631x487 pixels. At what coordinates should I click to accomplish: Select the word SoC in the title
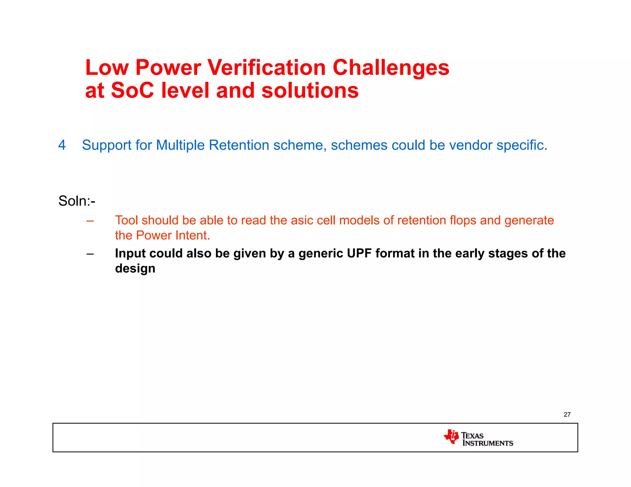132,91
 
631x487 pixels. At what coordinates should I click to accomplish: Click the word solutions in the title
310,91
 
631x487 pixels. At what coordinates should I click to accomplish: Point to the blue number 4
62,145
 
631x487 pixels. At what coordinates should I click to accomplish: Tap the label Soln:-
77,201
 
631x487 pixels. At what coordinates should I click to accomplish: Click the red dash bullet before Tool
90,221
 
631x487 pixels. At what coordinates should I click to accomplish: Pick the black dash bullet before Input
90,254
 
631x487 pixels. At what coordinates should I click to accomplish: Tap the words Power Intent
173,235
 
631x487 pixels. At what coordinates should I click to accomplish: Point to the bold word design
135,268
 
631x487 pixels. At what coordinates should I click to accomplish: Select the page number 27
567,414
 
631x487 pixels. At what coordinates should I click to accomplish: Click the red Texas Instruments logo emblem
451,437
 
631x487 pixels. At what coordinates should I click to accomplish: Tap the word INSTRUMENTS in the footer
488,443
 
